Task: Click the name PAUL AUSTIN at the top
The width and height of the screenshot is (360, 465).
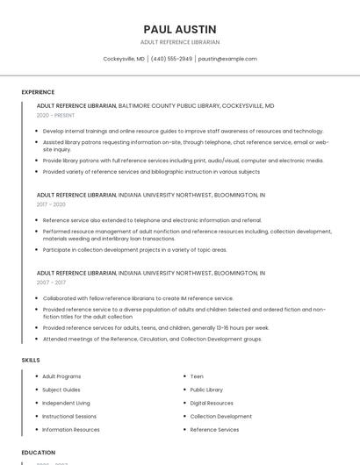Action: pos(180,29)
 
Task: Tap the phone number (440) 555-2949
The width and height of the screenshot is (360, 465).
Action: pos(171,59)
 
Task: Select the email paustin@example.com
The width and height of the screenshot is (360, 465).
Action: pos(227,59)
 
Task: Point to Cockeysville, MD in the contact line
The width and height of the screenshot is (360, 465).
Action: pos(124,59)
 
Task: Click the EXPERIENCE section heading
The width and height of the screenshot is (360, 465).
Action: pos(38,92)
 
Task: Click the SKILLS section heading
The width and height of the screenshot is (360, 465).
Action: pos(31,360)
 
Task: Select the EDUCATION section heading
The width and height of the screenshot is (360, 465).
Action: pos(39,453)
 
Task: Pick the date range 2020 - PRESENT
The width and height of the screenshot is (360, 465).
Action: pos(55,115)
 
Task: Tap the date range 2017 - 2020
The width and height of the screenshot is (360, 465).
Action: pos(51,204)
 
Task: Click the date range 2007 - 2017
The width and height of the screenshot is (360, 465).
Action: pos(51,283)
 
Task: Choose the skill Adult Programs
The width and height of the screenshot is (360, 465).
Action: pos(61,376)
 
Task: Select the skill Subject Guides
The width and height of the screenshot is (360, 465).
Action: pos(61,390)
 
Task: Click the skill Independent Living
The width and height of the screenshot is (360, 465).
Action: pos(66,403)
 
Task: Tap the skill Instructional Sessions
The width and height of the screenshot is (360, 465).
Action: pos(69,417)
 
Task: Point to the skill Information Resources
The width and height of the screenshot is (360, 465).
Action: pos(71,430)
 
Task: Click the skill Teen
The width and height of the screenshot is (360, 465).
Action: pos(197,376)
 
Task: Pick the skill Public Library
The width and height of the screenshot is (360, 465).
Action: pos(206,390)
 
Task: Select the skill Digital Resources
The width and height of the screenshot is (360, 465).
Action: pos(212,403)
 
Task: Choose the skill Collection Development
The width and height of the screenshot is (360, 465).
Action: pos(220,417)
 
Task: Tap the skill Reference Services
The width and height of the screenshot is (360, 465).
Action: pos(214,430)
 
